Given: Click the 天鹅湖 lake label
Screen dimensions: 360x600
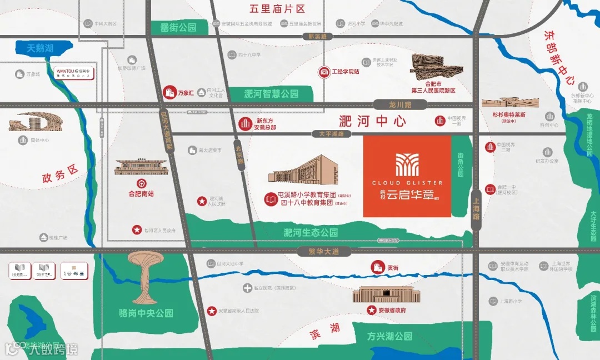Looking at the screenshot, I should click(x=41, y=49).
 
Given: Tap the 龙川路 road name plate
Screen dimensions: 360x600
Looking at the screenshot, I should click(x=400, y=104).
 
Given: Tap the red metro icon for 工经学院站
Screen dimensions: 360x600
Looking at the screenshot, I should click(x=323, y=72).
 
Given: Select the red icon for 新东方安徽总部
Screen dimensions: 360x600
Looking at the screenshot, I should click(x=245, y=123).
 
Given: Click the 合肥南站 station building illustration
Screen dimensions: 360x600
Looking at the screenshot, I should click(x=141, y=167).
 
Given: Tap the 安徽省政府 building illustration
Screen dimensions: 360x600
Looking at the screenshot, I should click(x=379, y=294).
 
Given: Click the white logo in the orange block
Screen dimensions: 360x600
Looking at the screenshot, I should click(x=407, y=164).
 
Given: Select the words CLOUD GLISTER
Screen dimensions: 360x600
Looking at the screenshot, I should click(x=407, y=182).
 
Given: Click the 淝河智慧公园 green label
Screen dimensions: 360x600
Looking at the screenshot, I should click(x=271, y=94).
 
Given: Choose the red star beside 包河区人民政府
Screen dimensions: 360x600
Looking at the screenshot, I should click(x=136, y=229).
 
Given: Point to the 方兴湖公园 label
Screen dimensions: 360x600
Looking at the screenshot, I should click(x=389, y=336).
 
